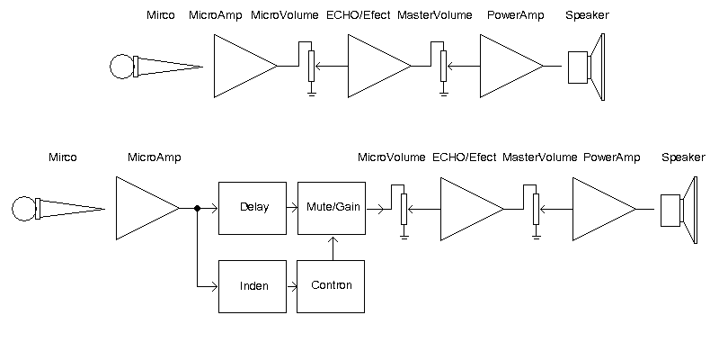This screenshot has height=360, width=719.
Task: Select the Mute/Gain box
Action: pos(331,208)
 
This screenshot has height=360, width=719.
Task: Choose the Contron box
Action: pos(331,286)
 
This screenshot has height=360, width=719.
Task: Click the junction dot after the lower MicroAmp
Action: pos(197,208)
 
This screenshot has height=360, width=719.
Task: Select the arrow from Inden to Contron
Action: pos(292,286)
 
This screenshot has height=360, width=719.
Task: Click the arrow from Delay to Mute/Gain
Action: pos(292,208)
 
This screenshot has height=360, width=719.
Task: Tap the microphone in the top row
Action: pos(153,66)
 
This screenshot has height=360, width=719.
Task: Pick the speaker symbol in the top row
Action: pos(589,66)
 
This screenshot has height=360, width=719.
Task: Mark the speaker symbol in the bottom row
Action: pos(680,209)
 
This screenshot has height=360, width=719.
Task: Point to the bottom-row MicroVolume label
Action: pos(391,157)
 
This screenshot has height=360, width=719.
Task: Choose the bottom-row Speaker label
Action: pos(683,157)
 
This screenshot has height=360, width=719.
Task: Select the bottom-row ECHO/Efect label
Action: pos(464,157)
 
